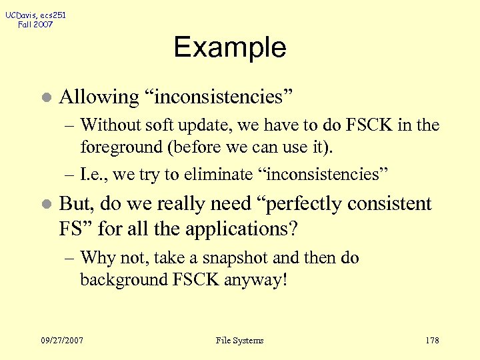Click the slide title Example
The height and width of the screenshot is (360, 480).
click(x=230, y=47)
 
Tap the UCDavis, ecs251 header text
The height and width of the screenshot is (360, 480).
click(x=35, y=15)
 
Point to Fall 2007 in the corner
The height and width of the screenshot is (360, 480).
click(x=35, y=25)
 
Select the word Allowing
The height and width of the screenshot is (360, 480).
click(x=99, y=97)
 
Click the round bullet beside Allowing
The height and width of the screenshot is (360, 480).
click(x=45, y=97)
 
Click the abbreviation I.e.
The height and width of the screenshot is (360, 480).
click(x=92, y=174)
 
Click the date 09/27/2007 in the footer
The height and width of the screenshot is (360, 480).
click(x=61, y=341)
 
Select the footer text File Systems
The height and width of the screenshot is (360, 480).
click(x=240, y=341)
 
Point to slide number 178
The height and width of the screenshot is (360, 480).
click(x=432, y=341)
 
